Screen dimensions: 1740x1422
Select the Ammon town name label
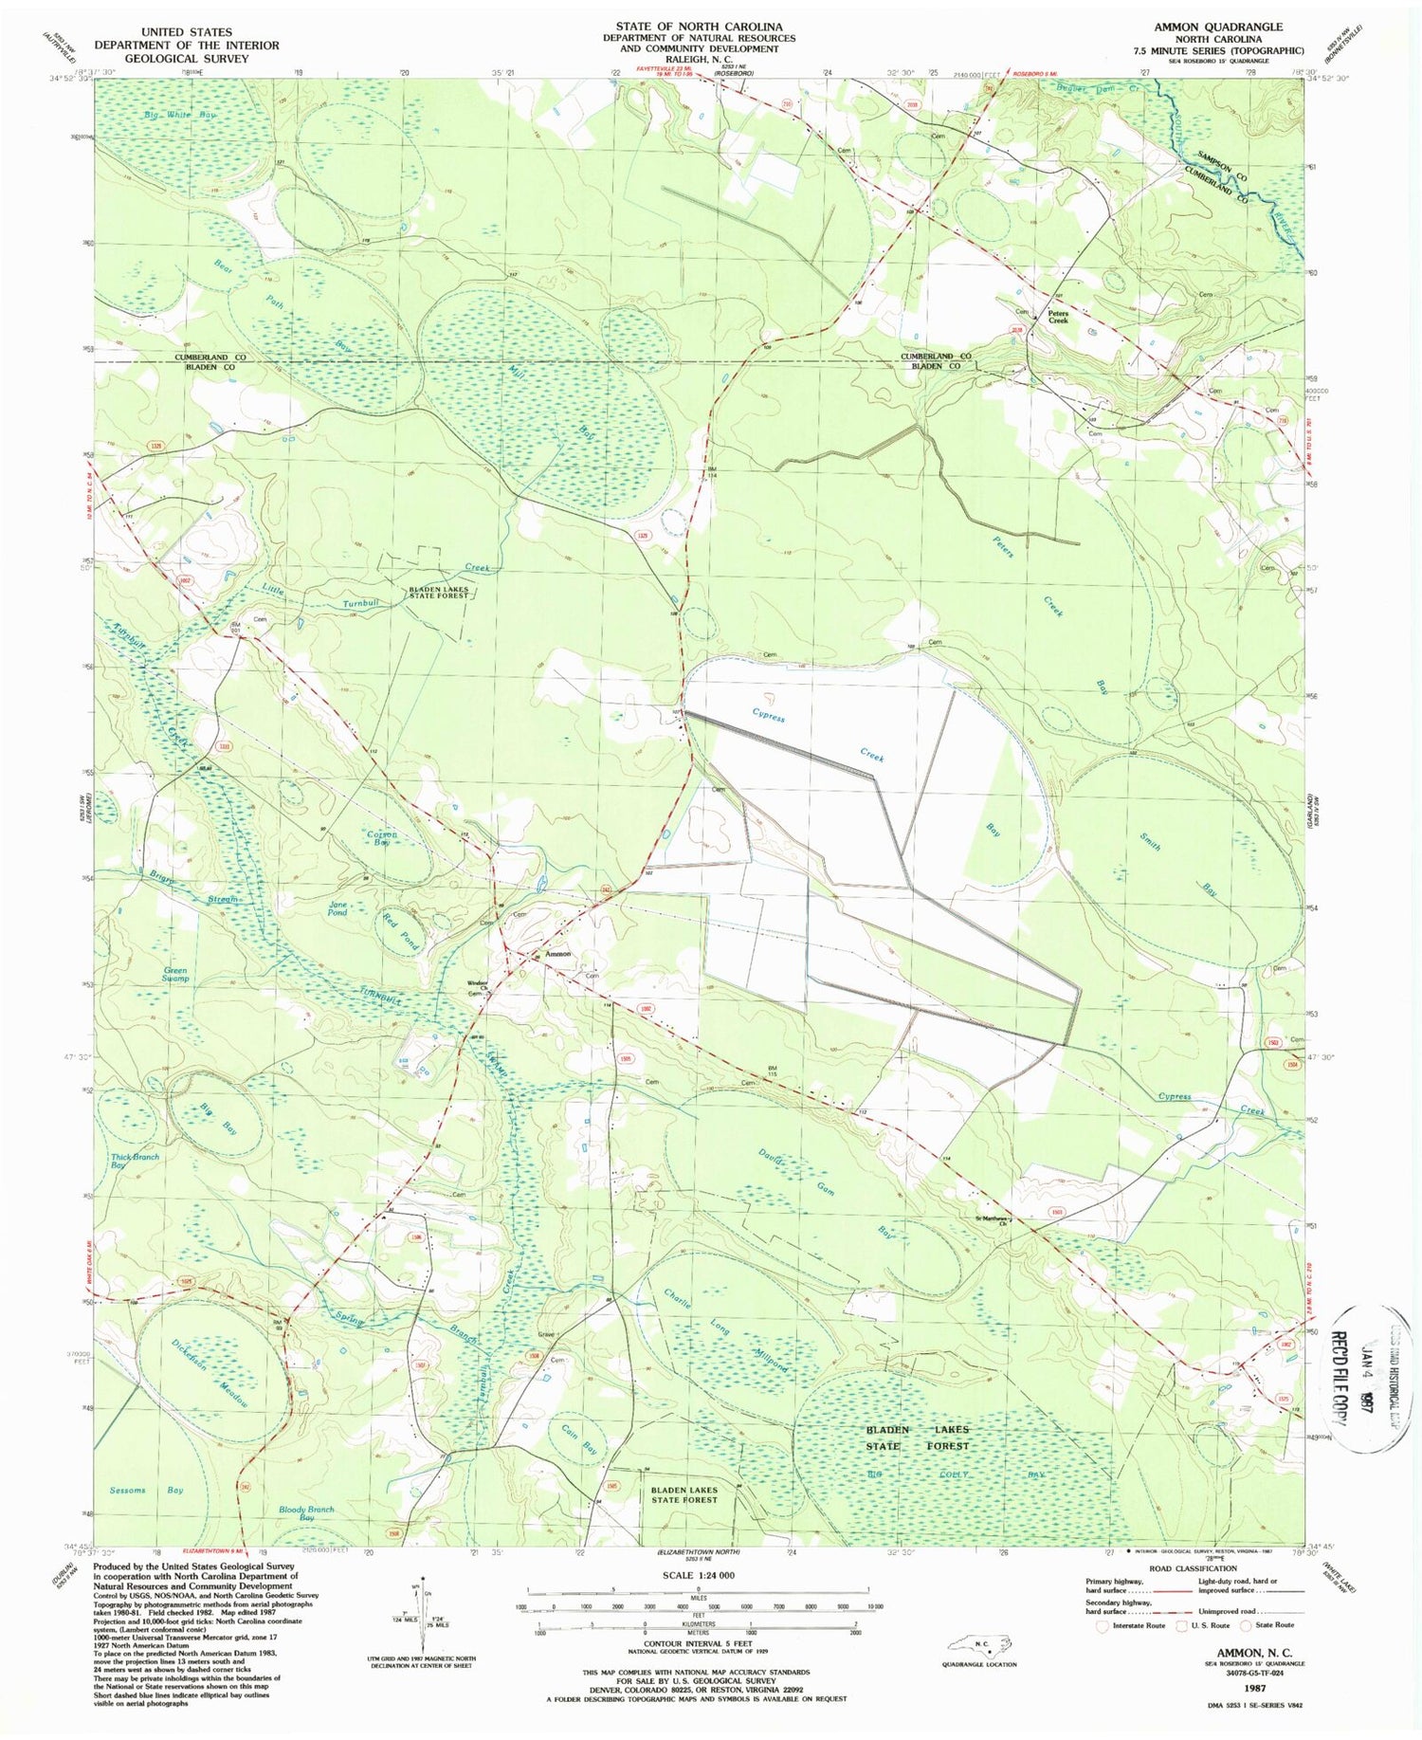click(556, 954)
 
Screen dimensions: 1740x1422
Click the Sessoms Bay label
click(147, 1490)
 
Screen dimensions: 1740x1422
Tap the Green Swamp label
click(175, 974)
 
